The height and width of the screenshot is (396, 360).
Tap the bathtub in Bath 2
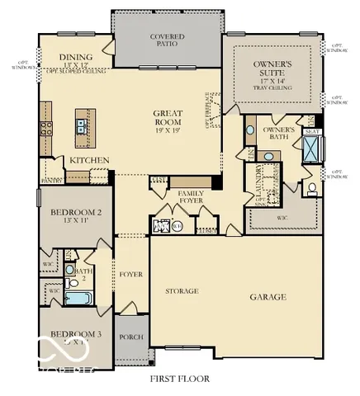[x=78, y=297]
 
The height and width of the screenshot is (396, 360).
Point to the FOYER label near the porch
[x=131, y=274]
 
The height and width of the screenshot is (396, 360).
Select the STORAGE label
[x=181, y=291]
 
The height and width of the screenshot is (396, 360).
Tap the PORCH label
[x=131, y=337]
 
